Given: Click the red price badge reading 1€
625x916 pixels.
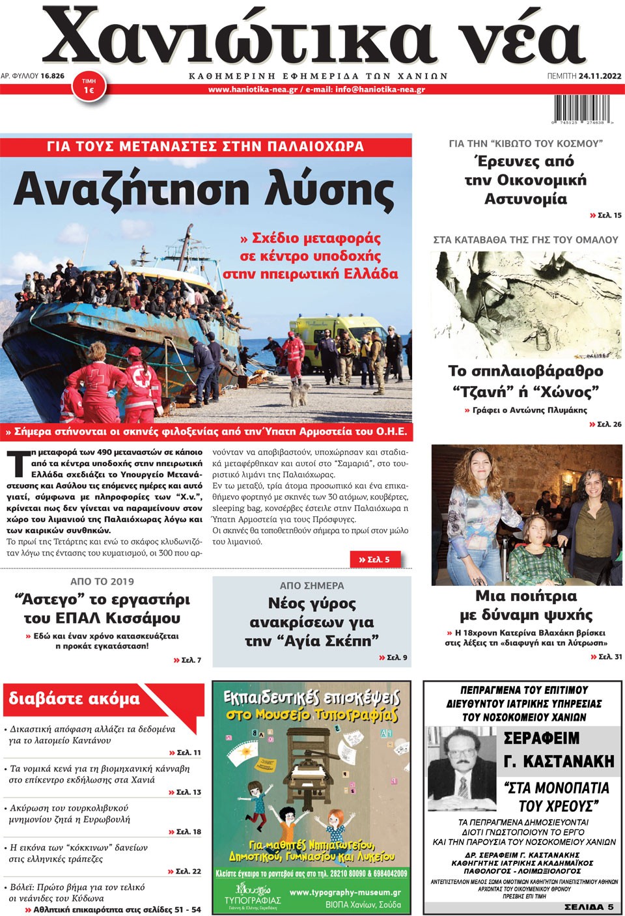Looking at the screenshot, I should point(89,87).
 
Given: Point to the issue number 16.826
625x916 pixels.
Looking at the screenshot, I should point(52,76).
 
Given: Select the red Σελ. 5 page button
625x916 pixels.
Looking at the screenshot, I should point(374,559).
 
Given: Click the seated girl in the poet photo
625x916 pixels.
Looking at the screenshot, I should point(533,547).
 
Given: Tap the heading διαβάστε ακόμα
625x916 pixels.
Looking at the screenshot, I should point(74,699).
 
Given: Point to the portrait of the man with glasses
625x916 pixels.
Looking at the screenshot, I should point(462,768).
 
